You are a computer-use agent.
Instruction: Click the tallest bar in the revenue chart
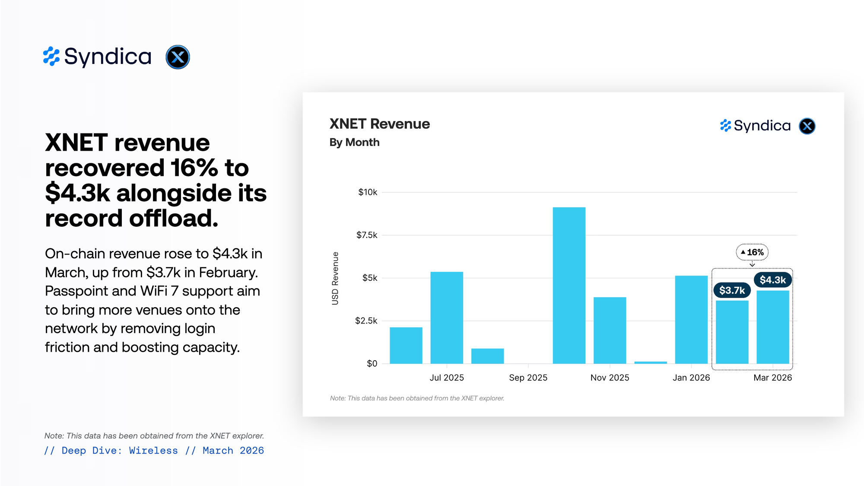pyautogui.click(x=569, y=285)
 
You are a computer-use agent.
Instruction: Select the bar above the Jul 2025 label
pyautogui.click(x=447, y=318)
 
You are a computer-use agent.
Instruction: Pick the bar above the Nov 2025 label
pyautogui.click(x=610, y=330)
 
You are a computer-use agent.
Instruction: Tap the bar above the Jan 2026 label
pyautogui.click(x=691, y=320)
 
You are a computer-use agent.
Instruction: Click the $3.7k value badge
pyautogui.click(x=732, y=290)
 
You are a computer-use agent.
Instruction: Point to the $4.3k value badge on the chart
pyautogui.click(x=773, y=280)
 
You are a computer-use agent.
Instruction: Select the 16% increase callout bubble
pyautogui.click(x=752, y=252)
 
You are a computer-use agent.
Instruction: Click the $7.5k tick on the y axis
pyautogui.click(x=367, y=235)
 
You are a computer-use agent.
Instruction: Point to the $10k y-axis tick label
pyautogui.click(x=368, y=192)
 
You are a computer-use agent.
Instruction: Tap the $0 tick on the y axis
pyautogui.click(x=372, y=364)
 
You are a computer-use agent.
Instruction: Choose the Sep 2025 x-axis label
pyautogui.click(x=528, y=378)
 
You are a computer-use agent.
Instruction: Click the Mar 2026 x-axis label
pyautogui.click(x=772, y=378)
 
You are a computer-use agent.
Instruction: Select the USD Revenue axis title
pyautogui.click(x=335, y=278)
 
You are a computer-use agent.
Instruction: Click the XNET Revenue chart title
pyautogui.click(x=380, y=124)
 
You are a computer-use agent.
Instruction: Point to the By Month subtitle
pyautogui.click(x=354, y=143)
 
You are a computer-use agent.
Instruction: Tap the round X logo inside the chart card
pyautogui.click(x=807, y=126)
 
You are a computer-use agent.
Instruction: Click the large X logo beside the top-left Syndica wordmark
pyautogui.click(x=178, y=57)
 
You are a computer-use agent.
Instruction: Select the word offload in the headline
pyautogui.click(x=174, y=218)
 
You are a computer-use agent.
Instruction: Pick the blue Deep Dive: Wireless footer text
pyautogui.click(x=120, y=451)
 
